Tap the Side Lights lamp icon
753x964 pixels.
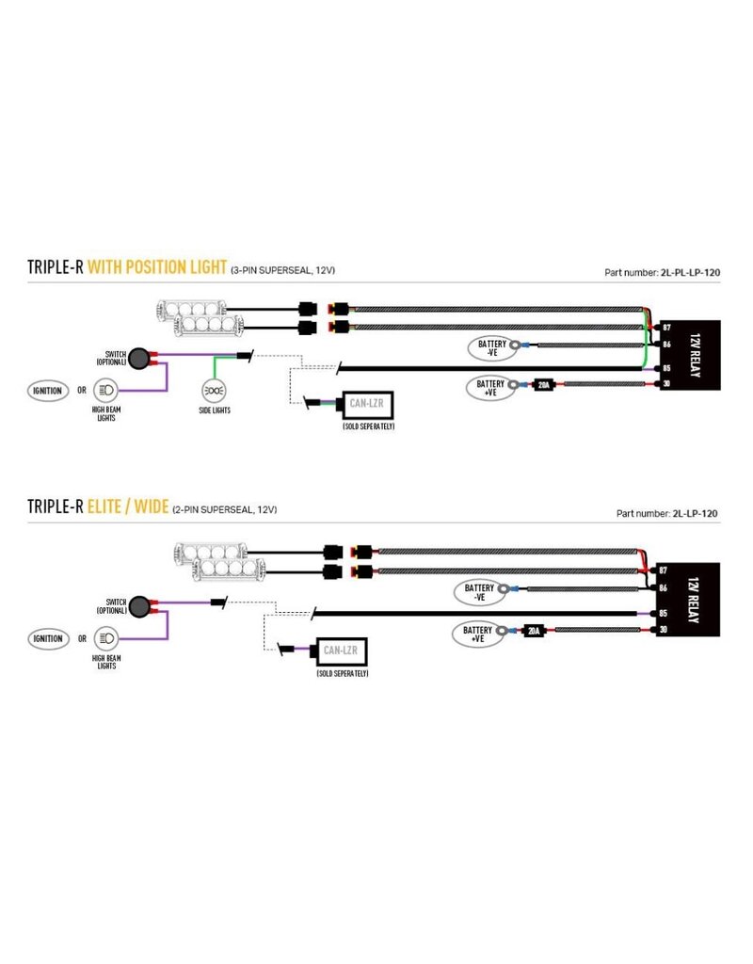(x=215, y=390)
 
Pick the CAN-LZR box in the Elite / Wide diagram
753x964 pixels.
(x=342, y=651)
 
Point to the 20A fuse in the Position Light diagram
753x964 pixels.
(x=542, y=384)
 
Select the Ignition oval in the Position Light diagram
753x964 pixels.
(x=46, y=390)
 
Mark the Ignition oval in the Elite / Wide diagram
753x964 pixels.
(x=46, y=638)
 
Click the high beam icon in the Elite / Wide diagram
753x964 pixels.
(x=104, y=638)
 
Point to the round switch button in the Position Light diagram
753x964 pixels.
(x=140, y=357)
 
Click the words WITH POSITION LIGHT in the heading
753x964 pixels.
(x=156, y=267)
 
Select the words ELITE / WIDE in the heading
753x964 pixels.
(x=128, y=507)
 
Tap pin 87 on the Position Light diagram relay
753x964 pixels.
(x=665, y=327)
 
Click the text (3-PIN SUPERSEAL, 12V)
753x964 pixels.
(x=282, y=270)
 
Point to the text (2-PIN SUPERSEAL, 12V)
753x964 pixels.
(x=224, y=509)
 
